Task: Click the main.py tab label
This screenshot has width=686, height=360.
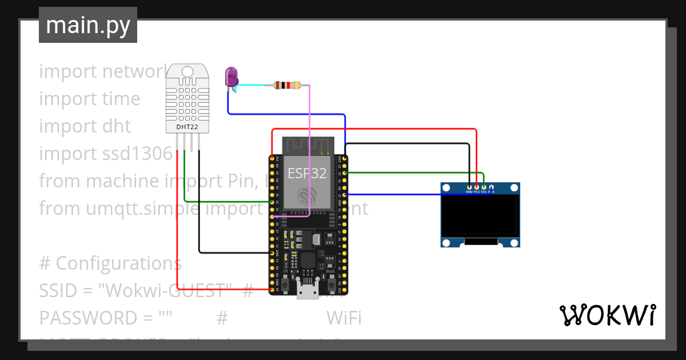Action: (x=87, y=25)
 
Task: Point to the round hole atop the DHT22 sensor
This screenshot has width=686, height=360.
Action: (x=188, y=71)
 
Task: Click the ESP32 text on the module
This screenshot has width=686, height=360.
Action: (x=307, y=173)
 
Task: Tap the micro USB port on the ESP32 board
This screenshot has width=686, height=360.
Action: (x=308, y=290)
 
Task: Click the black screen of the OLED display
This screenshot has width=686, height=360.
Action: (x=480, y=216)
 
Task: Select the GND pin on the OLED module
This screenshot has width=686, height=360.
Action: (x=469, y=187)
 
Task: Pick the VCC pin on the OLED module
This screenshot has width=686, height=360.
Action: (x=477, y=187)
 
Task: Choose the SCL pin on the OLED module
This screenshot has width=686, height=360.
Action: (x=484, y=187)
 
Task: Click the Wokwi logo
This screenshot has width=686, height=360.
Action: (x=607, y=315)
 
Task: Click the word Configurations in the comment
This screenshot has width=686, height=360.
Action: (x=118, y=263)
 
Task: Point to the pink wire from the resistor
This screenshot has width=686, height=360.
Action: (x=310, y=149)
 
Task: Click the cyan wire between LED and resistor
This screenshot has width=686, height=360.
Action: (x=252, y=85)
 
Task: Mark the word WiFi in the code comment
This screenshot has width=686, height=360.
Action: (x=344, y=318)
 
